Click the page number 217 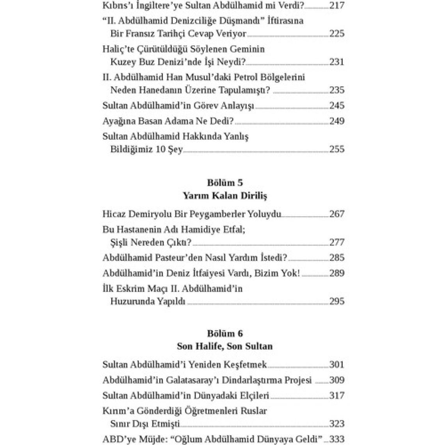tap(337, 5)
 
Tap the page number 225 tap(337, 34)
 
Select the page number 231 tap(337, 62)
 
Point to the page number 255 tap(337, 149)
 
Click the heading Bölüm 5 tap(225, 183)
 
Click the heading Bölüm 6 tap(225, 333)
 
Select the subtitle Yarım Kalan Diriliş tap(225, 196)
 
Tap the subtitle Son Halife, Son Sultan tap(225, 346)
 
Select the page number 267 tap(337, 214)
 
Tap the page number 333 tap(337, 439)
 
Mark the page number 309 tap(337, 380)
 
